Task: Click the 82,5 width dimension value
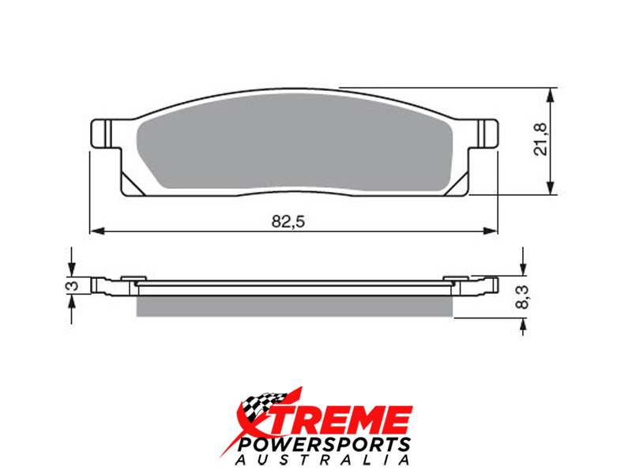tap(288, 221)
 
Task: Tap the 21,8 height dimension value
tap(540, 140)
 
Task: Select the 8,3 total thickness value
tap(522, 297)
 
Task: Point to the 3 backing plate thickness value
tap(73, 286)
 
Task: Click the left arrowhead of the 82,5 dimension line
tap(97, 231)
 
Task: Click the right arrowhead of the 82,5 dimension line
tap(490, 231)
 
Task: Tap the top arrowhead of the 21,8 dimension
tap(551, 95)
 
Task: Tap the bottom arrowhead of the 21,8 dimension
tap(551, 187)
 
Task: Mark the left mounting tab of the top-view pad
tap(101, 134)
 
